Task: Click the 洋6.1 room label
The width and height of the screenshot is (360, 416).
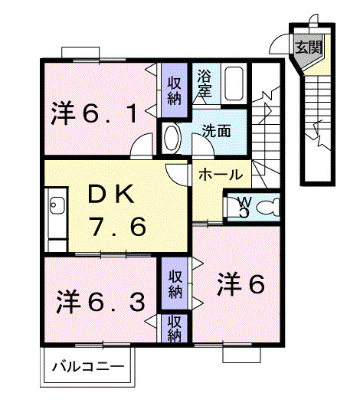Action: pyautogui.click(x=96, y=115)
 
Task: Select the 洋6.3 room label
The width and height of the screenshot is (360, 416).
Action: pyautogui.click(x=100, y=302)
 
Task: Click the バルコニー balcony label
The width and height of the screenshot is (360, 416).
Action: pyautogui.click(x=87, y=367)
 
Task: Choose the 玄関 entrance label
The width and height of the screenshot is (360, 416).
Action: pyautogui.click(x=309, y=45)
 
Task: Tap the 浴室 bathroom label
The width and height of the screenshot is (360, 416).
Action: pyautogui.click(x=204, y=84)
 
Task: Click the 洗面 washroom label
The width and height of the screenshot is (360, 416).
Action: pyautogui.click(x=217, y=130)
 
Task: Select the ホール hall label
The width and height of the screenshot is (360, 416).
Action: pyautogui.click(x=221, y=175)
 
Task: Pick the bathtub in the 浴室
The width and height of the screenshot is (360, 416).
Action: pyautogui.click(x=233, y=84)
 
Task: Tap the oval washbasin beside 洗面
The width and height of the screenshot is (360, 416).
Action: pyautogui.click(x=173, y=139)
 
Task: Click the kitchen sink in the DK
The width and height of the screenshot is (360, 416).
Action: pyautogui.click(x=57, y=206)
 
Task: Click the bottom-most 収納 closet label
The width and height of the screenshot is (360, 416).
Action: pyautogui.click(x=174, y=328)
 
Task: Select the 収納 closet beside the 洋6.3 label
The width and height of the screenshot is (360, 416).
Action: pyautogui.click(x=174, y=283)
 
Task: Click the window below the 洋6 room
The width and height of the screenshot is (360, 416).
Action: pyautogui.click(x=242, y=353)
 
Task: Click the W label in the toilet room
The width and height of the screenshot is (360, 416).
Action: pyautogui.click(x=244, y=202)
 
